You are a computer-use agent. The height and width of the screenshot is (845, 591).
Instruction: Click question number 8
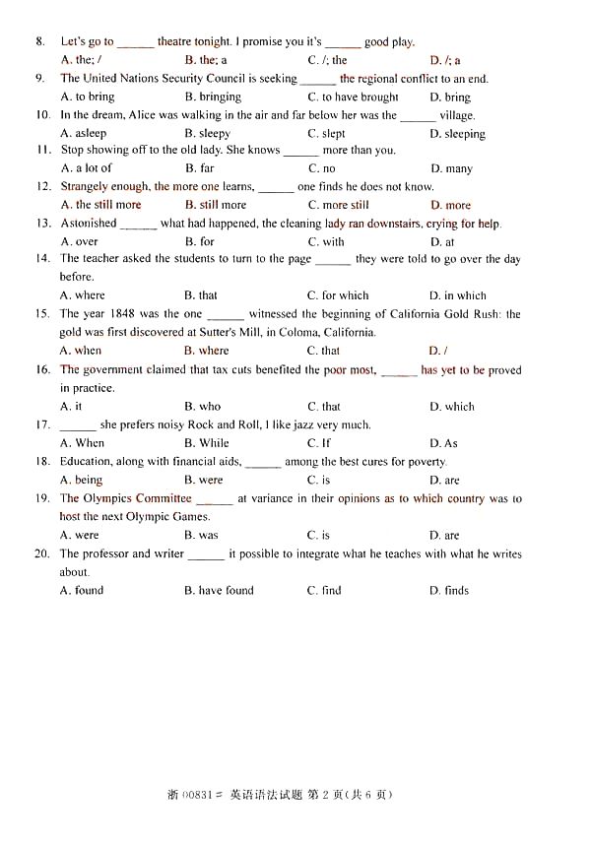(40, 42)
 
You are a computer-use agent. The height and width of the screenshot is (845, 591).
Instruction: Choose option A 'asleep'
(83, 134)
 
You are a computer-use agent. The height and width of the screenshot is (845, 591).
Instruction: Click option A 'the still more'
(100, 205)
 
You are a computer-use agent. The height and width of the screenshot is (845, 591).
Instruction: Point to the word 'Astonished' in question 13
(89, 224)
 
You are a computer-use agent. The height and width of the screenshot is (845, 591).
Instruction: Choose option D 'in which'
(457, 295)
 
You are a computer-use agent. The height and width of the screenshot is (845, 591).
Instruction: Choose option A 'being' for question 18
(82, 481)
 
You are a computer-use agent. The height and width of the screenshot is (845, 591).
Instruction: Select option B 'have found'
(219, 591)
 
